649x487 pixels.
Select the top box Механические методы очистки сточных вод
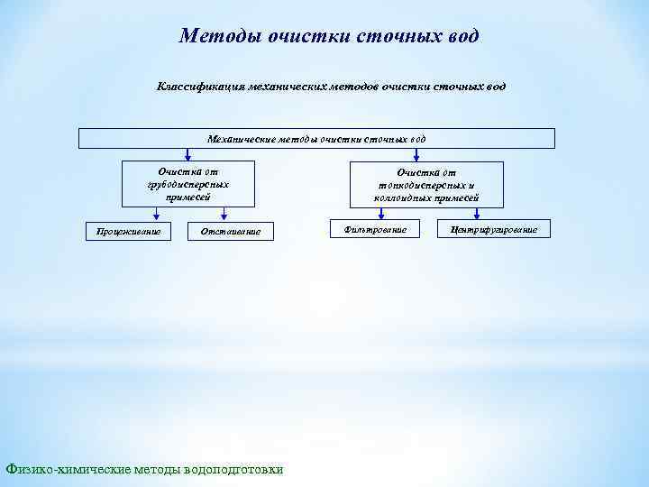click(316, 139)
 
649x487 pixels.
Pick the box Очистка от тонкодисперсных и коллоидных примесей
click(428, 184)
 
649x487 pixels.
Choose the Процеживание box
click(123, 232)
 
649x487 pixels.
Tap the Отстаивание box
click(230, 232)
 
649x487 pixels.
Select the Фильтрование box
click(376, 230)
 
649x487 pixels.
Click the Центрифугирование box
click(493, 230)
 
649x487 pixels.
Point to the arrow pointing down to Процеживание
click(158, 213)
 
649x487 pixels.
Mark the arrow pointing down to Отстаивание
click(222, 213)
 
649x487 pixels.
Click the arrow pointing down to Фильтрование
click(381, 214)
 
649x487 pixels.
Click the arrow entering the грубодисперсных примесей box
click(189, 155)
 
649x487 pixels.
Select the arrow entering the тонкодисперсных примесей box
click(416, 155)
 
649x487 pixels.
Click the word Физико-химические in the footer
click(69, 469)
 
